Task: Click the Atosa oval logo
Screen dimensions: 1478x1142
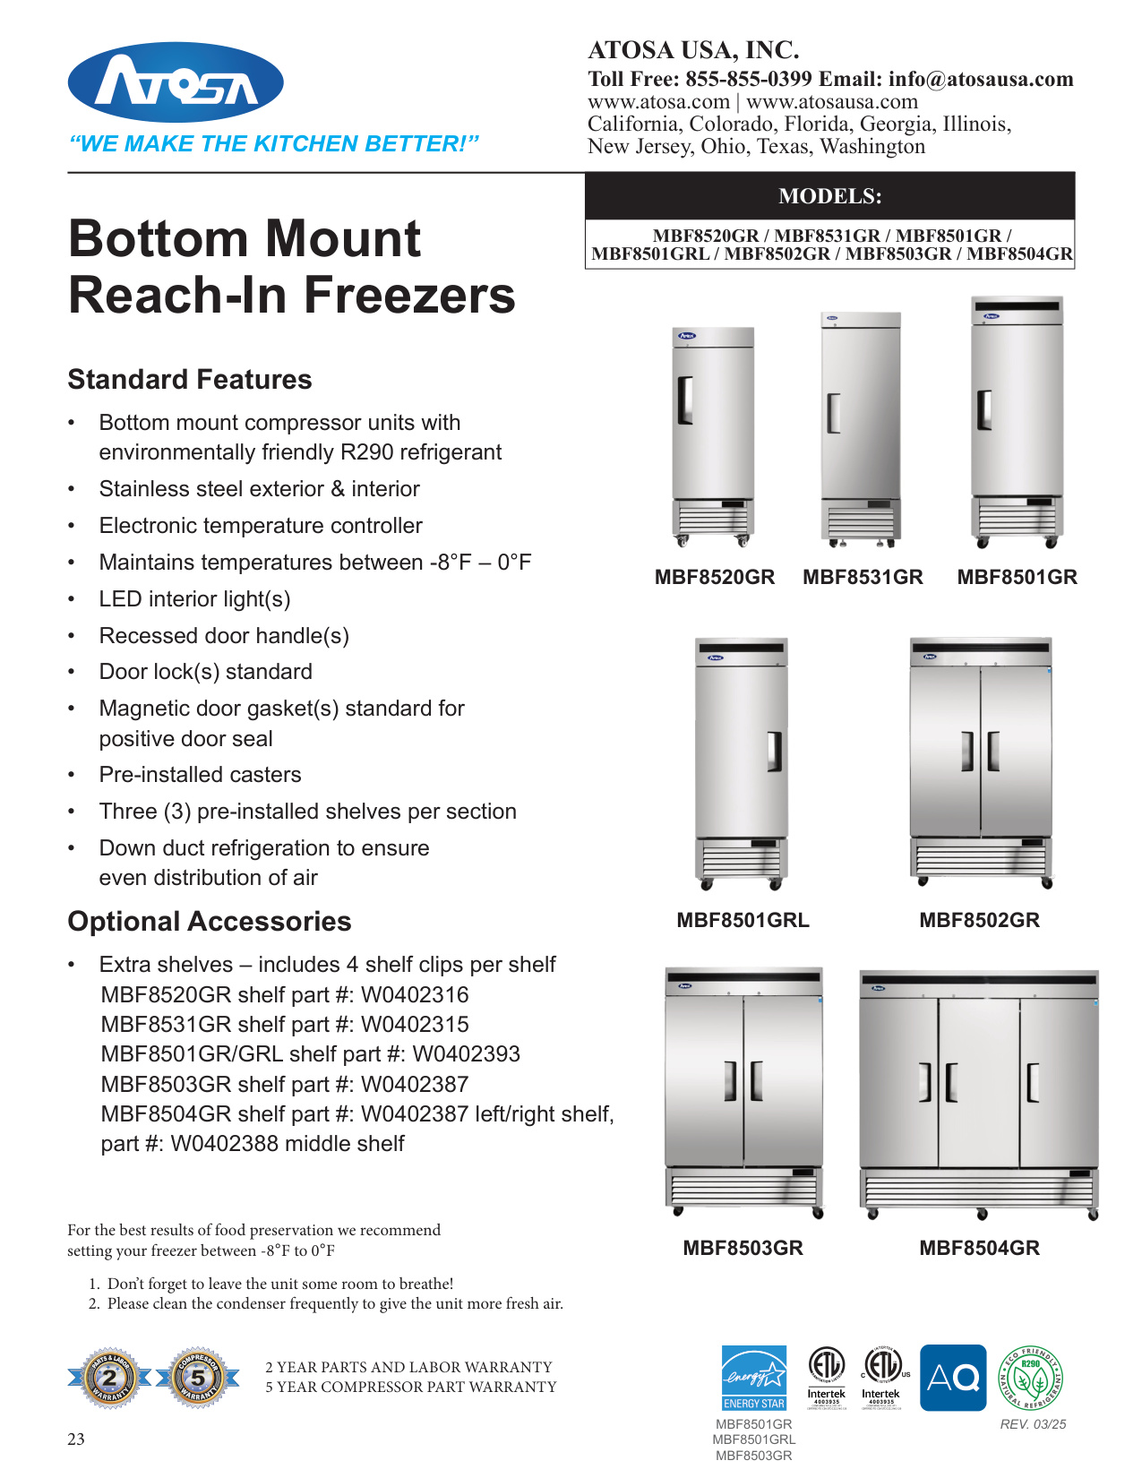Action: (176, 82)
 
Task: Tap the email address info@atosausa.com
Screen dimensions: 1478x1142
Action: (981, 79)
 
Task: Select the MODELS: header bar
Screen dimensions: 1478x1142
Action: (829, 196)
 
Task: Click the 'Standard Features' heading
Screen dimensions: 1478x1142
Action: (190, 380)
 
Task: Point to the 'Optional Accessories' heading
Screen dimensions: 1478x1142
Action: (210, 922)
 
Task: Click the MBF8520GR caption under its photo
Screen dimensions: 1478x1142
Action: (714, 578)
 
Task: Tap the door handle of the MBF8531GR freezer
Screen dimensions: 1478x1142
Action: (833, 413)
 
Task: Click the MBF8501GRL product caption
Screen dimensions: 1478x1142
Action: (743, 920)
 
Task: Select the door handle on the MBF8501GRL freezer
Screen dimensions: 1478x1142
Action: (774, 752)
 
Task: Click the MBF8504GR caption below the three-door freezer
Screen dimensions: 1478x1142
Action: (979, 1248)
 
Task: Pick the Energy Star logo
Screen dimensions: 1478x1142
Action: (754, 1378)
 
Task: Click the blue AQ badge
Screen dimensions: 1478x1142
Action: (953, 1378)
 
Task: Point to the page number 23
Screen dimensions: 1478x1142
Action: (76, 1439)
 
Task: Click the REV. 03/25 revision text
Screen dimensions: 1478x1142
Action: (1033, 1424)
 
